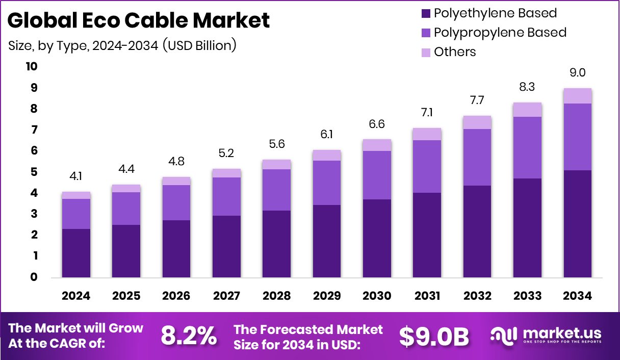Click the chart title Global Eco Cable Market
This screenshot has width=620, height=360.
coord(139,20)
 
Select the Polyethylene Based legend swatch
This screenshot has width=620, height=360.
coord(425,13)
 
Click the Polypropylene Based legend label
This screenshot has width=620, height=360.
coord(500,33)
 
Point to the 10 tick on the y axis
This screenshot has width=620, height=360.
coord(32,67)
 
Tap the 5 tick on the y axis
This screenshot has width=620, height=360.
coord(34,172)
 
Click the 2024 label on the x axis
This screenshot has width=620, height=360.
coord(76,296)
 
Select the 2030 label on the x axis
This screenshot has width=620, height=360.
coord(377,296)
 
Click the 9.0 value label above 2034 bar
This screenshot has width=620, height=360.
coord(577,73)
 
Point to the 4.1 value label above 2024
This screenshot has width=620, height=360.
coord(76,176)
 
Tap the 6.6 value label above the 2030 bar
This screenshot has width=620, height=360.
coord(377,124)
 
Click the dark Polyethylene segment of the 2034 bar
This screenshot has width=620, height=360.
coord(577,224)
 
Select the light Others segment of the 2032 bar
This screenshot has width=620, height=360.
coord(477,122)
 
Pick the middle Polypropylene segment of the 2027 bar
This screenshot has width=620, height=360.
coord(226,196)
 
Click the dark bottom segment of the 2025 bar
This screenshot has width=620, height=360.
coord(126,251)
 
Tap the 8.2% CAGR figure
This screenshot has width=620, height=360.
coord(189,336)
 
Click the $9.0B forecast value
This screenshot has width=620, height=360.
coord(433,336)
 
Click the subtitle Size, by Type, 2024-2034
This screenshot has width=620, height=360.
coord(122,45)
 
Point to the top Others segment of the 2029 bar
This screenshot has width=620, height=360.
coord(327,155)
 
